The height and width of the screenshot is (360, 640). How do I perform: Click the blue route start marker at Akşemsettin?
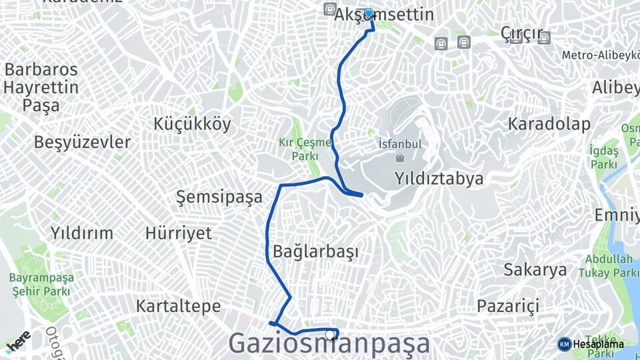(369, 13)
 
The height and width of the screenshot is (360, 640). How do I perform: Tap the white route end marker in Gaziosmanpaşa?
(329, 335)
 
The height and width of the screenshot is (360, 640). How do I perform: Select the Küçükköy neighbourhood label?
(192, 123)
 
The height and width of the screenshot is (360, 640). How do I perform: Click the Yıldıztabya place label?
(439, 178)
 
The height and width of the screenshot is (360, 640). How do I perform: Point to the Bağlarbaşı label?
(316, 252)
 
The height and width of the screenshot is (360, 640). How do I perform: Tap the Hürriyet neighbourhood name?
(179, 233)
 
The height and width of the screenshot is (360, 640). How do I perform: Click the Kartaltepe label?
(178, 306)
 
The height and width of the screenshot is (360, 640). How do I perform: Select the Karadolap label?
(549, 123)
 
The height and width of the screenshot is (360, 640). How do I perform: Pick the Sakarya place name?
(535, 270)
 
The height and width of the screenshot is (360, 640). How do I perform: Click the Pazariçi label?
(507, 306)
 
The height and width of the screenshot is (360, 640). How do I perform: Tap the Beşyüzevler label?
(82, 142)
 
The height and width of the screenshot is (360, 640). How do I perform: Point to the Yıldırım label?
(82, 233)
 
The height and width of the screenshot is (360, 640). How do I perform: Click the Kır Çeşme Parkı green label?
(305, 149)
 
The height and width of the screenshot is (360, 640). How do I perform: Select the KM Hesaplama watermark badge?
(591, 344)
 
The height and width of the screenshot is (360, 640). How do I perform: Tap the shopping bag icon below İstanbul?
(400, 158)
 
